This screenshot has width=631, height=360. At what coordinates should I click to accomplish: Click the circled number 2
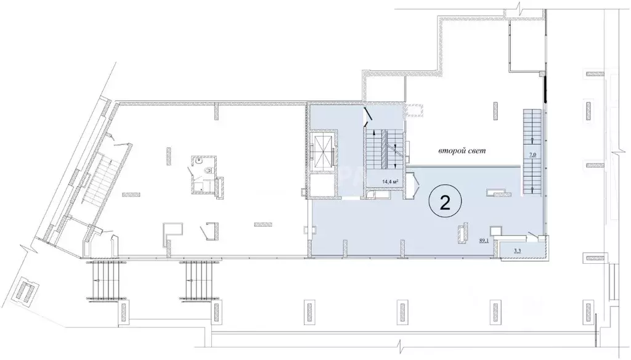coord(445,203)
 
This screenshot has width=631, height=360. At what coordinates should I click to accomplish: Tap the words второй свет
coord(462,152)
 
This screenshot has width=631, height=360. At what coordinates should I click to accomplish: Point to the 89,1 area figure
coord(483,240)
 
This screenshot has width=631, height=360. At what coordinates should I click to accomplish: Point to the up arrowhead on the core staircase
coord(375,132)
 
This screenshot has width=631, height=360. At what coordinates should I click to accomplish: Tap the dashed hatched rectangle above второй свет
coord(414,110)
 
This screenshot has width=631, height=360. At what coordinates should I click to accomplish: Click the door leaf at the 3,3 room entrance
coord(532,235)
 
